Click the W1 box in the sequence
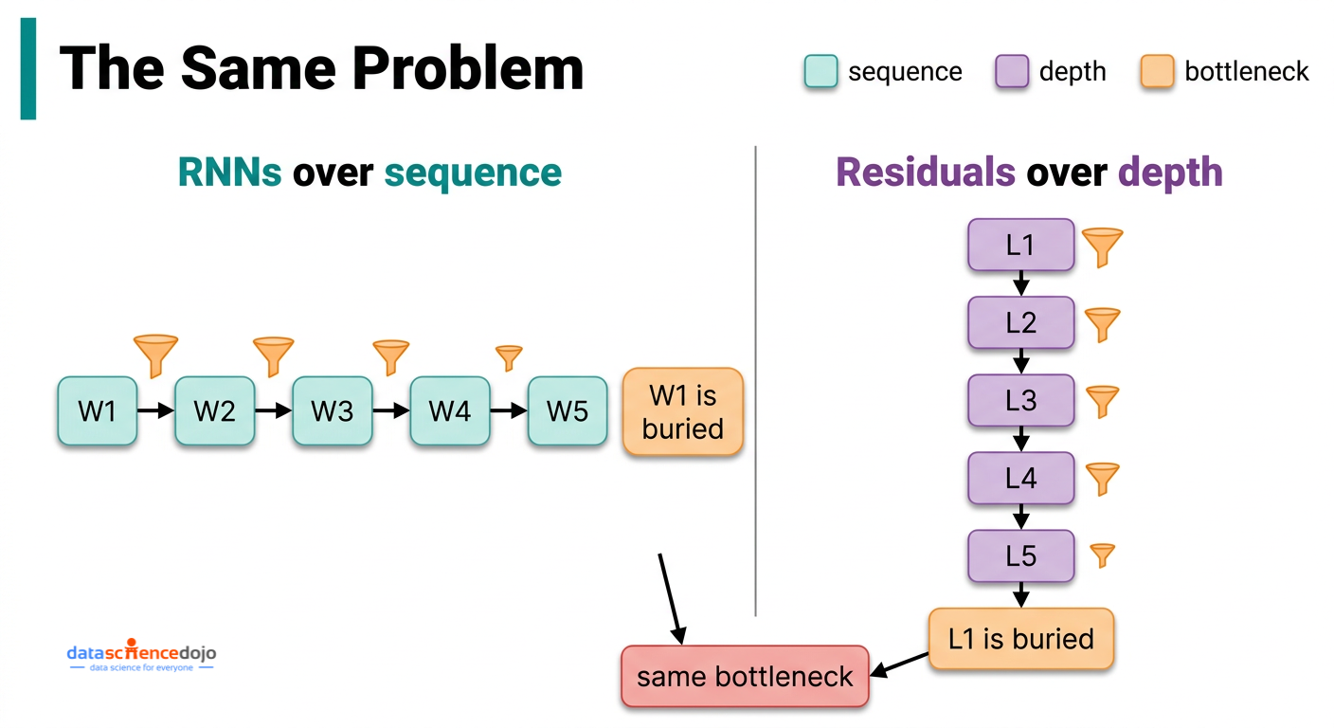[98, 410]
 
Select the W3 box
[333, 410]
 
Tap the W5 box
[568, 410]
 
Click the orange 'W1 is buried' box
[683, 411]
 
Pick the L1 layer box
[1020, 246]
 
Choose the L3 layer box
[1020, 401]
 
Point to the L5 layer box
[1020, 555]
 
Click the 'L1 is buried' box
[1020, 639]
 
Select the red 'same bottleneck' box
[745, 677]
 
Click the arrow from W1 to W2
[156, 410]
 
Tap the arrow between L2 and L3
[1020, 361]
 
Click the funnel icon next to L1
[1102, 246]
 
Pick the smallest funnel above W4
[509, 356]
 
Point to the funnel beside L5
[1102, 555]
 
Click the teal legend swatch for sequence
[820, 72]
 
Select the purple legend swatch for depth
[1012, 72]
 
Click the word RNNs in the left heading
[230, 173]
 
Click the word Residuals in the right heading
[926, 173]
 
